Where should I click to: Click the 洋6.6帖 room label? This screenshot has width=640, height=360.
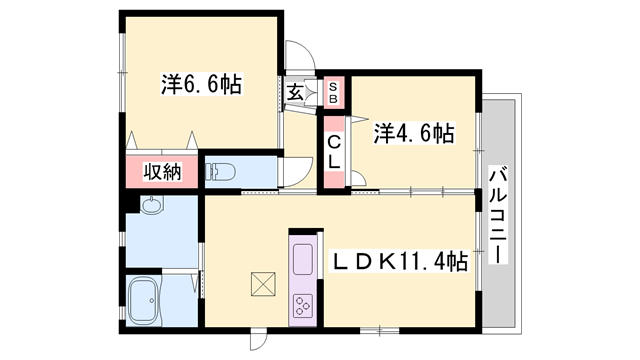click(x=203, y=84)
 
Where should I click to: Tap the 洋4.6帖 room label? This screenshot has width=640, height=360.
click(x=415, y=132)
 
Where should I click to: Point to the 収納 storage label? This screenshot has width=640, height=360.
click(x=160, y=171)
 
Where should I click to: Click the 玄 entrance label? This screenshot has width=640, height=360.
click(x=296, y=93)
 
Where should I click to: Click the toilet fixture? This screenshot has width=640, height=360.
click(x=221, y=171)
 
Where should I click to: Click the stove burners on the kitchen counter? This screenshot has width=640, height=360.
click(x=303, y=304)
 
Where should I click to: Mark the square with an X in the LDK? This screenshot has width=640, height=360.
click(x=262, y=285)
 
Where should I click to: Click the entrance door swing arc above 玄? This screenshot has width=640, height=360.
click(x=298, y=56)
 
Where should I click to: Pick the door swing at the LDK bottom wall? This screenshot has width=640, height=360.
click(x=258, y=339)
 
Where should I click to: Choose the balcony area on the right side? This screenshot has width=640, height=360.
click(x=500, y=214)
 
